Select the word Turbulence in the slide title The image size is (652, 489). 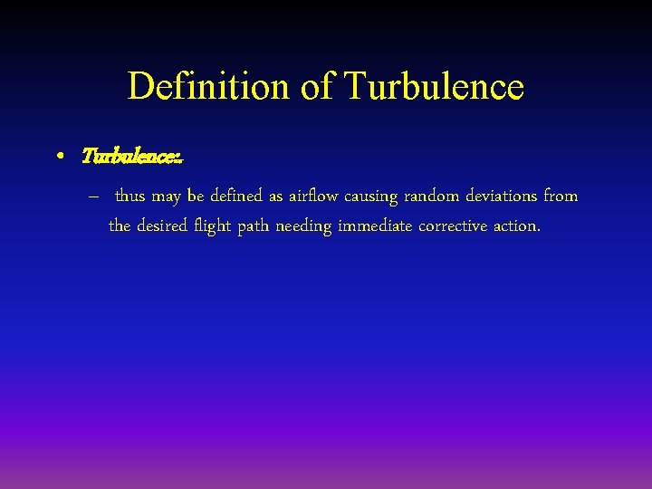pyautogui.click(x=435, y=87)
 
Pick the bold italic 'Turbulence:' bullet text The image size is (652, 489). pyautogui.click(x=132, y=157)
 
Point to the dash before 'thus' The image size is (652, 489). pyautogui.click(x=94, y=197)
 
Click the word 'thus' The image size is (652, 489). pyautogui.click(x=130, y=197)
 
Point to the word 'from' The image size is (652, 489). pyautogui.click(x=561, y=197)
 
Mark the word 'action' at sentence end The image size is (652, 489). pyautogui.click(x=516, y=225)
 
